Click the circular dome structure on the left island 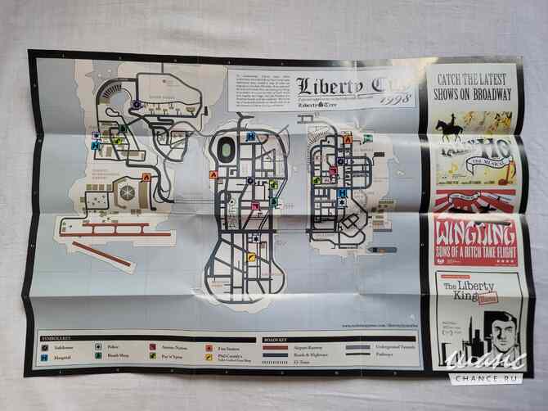(x=128, y=190)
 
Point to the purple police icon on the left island (x=138, y=104)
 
